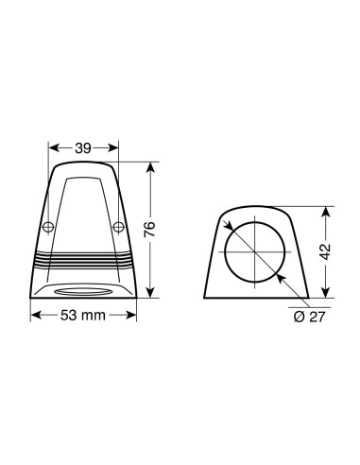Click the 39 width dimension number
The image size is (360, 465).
click(x=83, y=147)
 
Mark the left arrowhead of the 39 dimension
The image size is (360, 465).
click(x=53, y=147)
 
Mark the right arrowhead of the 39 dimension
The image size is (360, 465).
click(x=115, y=147)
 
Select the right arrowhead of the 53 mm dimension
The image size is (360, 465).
click(x=144, y=315)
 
